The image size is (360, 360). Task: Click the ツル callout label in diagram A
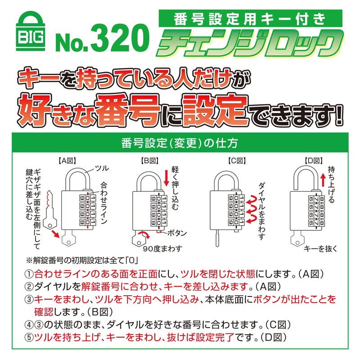[x=102, y=168]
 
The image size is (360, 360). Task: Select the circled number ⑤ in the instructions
[x=29, y=337]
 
